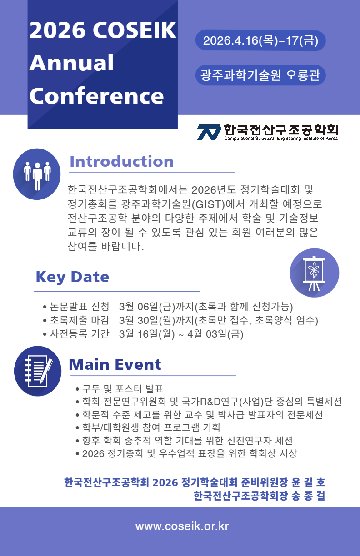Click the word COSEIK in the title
pos(135,30)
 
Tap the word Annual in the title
pos(71,63)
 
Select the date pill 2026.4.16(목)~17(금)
pos(260,40)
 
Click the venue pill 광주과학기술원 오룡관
pos(260,75)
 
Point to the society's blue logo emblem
pos(209,132)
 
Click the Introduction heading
pos(121,161)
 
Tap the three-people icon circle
pos(37,174)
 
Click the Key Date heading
pos(72,277)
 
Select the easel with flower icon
pos(314,273)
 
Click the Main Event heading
pos(115,364)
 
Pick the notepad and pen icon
pos(38,371)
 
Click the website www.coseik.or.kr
pos(182,526)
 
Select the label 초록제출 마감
pos(80,320)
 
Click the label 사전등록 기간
pos(80,333)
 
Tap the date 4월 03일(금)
pos(215,334)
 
